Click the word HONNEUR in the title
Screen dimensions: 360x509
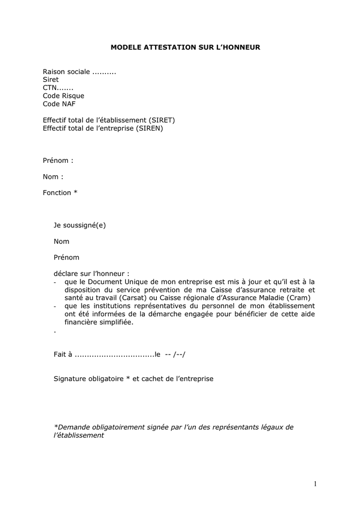pyautogui.click(x=240, y=48)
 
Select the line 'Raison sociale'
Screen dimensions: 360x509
pyautogui.click(x=79, y=72)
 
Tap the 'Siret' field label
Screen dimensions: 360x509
pyautogui.click(x=51, y=80)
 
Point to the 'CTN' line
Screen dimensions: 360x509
pyautogui.click(x=58, y=88)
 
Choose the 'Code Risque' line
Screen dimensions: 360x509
pyautogui.click(x=63, y=96)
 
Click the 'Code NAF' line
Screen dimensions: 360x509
pyautogui.click(x=59, y=104)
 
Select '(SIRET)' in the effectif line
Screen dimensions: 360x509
pyautogui.click(x=162, y=120)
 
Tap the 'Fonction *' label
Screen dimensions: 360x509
pyautogui.click(x=60, y=193)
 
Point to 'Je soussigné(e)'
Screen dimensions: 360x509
pyautogui.click(x=80, y=225)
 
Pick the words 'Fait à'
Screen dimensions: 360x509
pyautogui.click(x=63, y=355)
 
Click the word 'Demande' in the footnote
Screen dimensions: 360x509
pyautogui.click(x=71, y=427)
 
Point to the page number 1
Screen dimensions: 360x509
pyautogui.click(x=315, y=484)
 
